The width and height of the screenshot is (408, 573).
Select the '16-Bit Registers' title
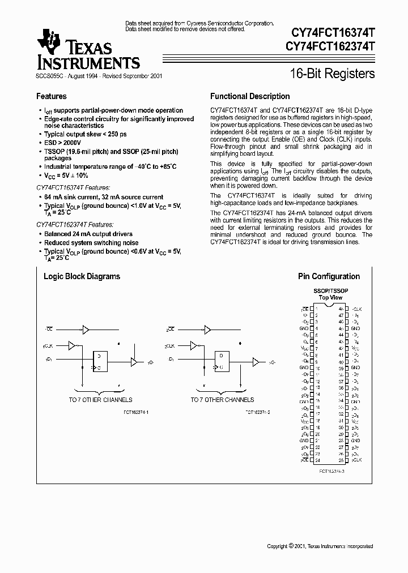[332, 74]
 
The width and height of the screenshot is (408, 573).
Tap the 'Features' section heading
[52, 96]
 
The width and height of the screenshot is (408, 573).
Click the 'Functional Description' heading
[250, 96]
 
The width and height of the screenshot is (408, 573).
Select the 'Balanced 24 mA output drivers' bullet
[88, 234]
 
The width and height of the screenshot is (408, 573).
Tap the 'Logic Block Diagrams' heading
[82, 276]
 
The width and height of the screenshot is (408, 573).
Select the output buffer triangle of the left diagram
[134, 361]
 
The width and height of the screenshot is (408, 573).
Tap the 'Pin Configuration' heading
[329, 276]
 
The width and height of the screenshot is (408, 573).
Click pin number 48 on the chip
[341, 309]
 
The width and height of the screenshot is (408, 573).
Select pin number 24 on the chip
[317, 460]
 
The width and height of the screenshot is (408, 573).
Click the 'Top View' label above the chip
[330, 297]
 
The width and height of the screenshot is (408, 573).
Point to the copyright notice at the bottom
[320, 546]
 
